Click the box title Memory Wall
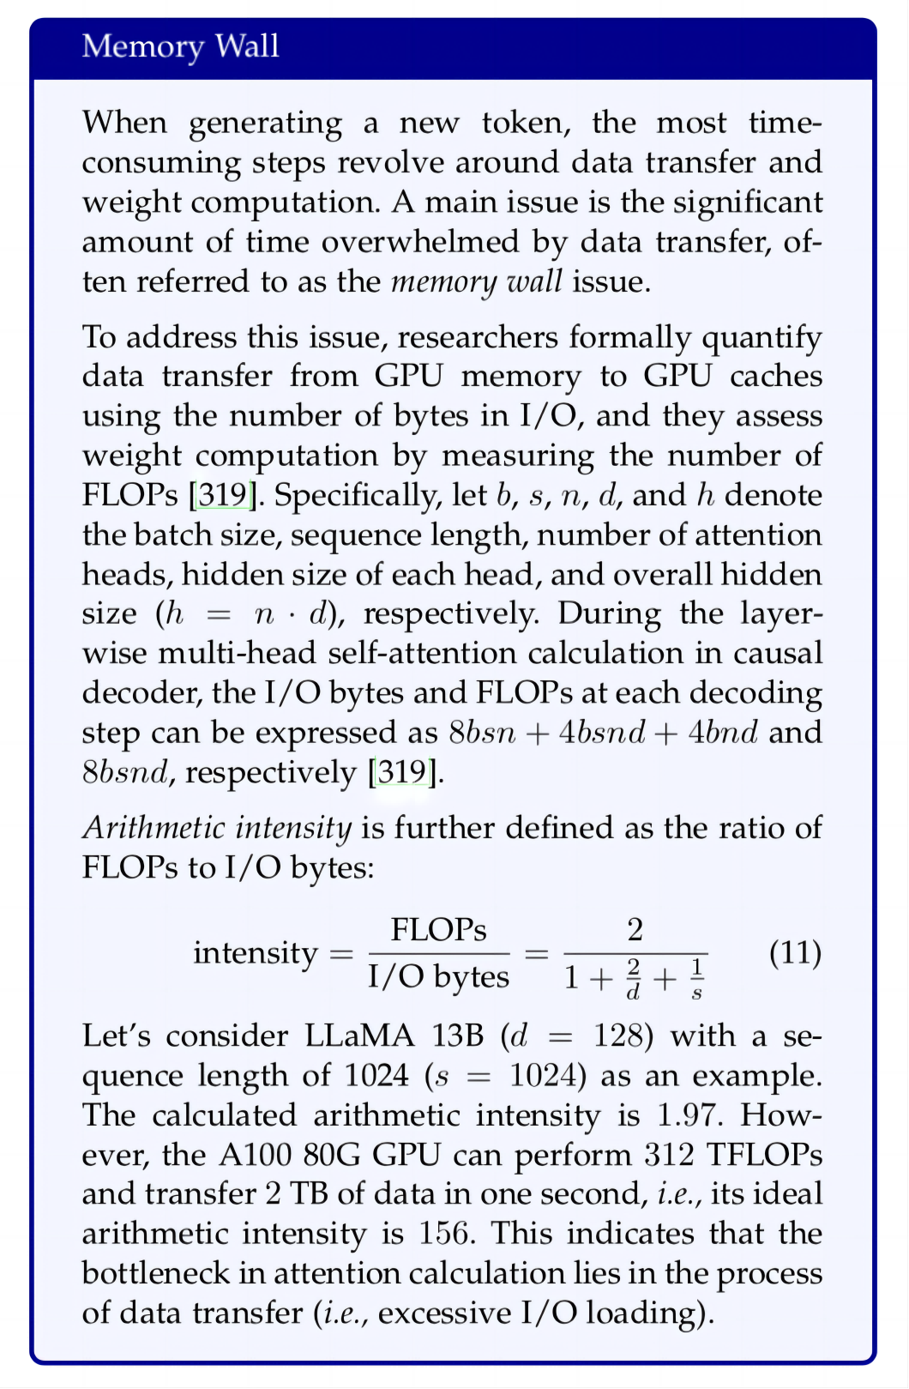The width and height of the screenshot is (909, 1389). [x=180, y=46]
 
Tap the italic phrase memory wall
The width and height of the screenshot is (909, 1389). [x=477, y=281]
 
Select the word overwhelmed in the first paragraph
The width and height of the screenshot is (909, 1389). [x=420, y=242]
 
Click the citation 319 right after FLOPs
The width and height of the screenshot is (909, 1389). [x=226, y=496]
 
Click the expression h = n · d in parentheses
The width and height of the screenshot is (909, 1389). [x=248, y=614]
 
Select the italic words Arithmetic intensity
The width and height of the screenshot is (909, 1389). [x=217, y=828]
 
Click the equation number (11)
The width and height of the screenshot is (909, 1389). [x=795, y=952]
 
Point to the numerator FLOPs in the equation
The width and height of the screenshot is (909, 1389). [x=438, y=930]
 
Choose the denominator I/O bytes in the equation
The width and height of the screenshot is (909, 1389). [x=438, y=977]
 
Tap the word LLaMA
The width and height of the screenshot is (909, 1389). [x=361, y=1036]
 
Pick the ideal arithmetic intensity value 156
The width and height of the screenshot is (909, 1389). [x=445, y=1234]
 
